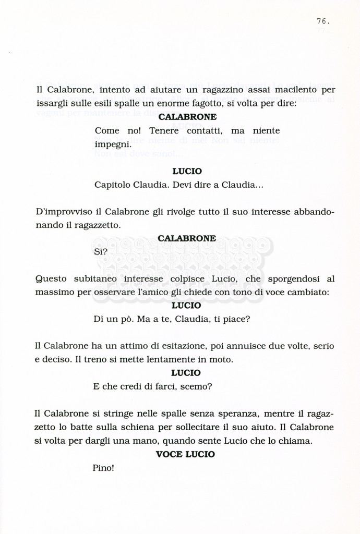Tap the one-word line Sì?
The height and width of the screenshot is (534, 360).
click(101, 252)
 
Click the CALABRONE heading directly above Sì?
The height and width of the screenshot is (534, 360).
click(187, 238)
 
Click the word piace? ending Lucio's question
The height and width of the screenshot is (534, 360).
click(237, 319)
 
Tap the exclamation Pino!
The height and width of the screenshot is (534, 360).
click(103, 468)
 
